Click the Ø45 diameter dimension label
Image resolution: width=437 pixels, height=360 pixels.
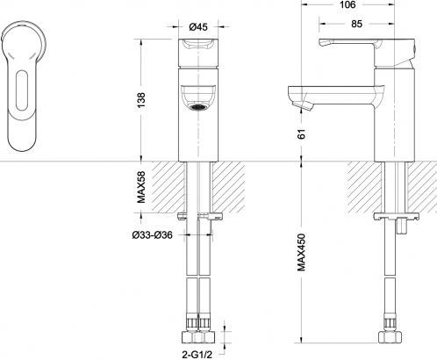point(198,27)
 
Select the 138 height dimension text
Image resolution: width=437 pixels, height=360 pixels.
point(141,100)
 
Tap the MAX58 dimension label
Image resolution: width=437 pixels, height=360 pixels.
point(141,187)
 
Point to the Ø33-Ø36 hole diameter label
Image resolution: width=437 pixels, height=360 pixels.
point(152,234)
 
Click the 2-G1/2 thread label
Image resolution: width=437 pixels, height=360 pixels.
point(197,355)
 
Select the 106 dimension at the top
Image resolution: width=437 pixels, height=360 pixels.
point(347,4)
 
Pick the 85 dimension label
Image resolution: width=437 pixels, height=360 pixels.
point(356,24)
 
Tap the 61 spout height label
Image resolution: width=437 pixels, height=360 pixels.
point(302,133)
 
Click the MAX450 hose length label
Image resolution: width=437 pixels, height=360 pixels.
point(302,252)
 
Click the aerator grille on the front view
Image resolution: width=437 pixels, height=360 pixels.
point(197,107)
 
